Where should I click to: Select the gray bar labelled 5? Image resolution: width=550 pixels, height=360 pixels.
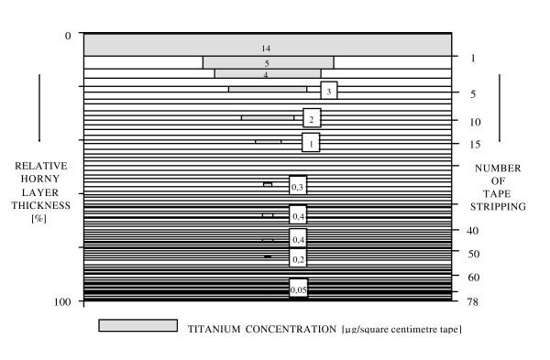268,62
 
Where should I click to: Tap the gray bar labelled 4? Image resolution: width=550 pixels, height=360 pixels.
267,74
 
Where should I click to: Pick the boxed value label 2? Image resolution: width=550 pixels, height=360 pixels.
312,119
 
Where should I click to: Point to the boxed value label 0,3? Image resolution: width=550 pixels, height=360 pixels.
297,187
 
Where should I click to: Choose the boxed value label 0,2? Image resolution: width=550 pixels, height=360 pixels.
297,259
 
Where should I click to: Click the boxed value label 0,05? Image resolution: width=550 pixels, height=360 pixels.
298,289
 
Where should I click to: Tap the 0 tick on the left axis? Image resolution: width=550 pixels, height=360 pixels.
67,36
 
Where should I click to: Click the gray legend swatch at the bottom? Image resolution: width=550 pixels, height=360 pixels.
137,326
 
